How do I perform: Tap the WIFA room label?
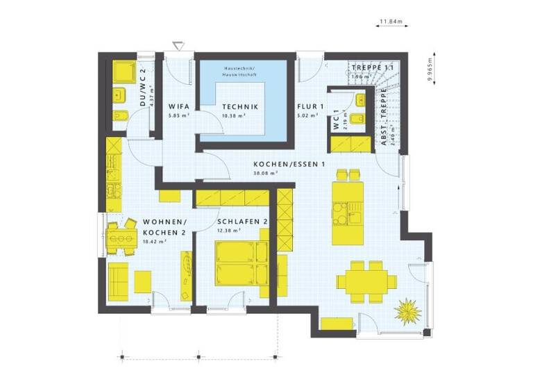click(x=179, y=107)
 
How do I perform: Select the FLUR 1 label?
click(x=311, y=107)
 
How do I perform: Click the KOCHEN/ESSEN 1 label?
click(x=290, y=165)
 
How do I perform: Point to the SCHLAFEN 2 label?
click(x=243, y=222)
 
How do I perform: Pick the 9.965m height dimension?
click(x=431, y=67)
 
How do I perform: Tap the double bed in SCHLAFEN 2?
click(x=241, y=263)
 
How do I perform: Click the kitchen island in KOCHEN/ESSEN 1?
click(x=344, y=213)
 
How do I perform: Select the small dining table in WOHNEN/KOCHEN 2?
click(x=121, y=238)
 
